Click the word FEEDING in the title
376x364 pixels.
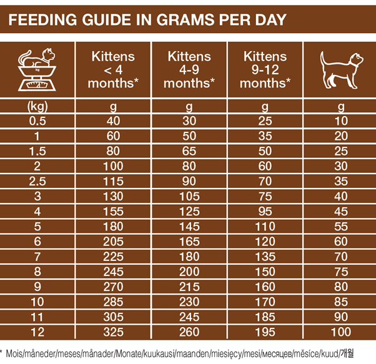39,19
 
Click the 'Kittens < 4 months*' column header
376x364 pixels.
114,69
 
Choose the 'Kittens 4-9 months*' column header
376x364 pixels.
190,69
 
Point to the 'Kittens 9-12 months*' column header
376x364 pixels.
265,69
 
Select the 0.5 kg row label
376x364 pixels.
37,121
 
